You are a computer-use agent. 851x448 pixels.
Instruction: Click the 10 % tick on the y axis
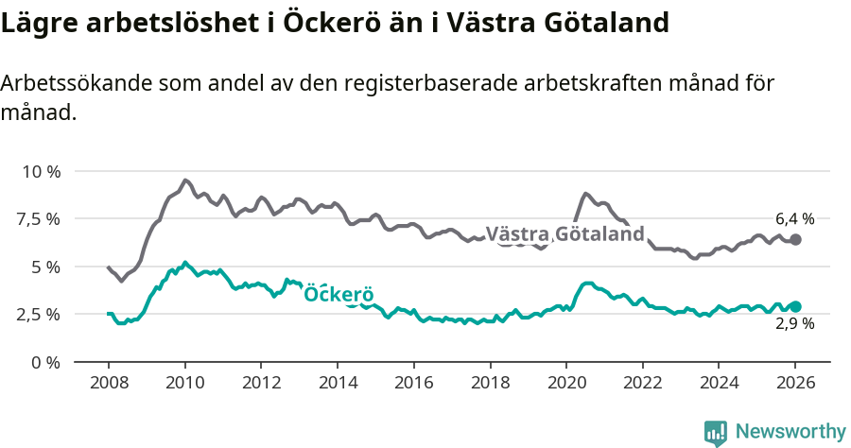[x=41, y=172]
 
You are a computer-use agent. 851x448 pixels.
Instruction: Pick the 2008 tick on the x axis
[x=108, y=383]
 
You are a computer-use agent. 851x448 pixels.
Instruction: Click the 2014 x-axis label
[x=337, y=383]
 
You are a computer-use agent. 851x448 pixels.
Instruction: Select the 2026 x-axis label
[x=795, y=383]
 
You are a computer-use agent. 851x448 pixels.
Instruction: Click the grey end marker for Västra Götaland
[x=795, y=240]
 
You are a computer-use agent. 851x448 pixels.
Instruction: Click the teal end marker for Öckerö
[x=796, y=306]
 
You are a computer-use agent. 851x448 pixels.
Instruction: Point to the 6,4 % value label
[x=794, y=217]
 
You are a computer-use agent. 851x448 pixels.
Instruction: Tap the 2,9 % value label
[x=794, y=323]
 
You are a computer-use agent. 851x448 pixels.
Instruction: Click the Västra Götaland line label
[x=564, y=234]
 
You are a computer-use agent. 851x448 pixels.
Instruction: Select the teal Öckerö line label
[x=339, y=295]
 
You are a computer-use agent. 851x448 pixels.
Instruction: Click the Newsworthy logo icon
[x=716, y=433]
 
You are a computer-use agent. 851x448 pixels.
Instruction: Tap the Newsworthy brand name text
[x=790, y=432]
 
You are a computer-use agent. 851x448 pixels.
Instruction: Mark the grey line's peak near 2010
[x=185, y=180]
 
